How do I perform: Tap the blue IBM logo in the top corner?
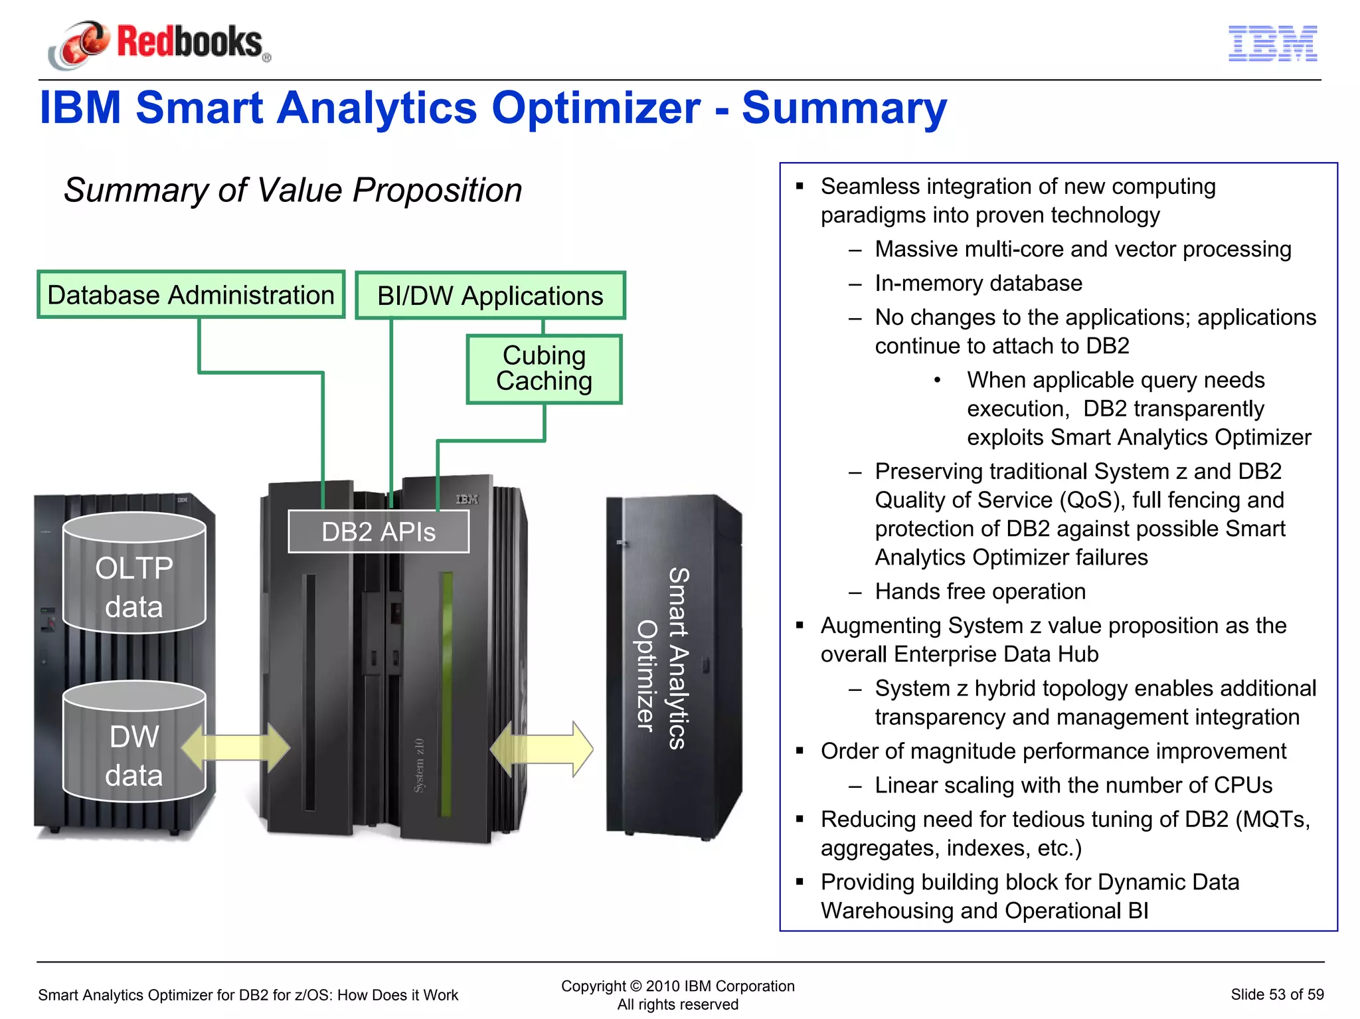[1272, 44]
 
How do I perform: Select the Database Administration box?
[191, 295]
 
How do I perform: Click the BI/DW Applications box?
[490, 296]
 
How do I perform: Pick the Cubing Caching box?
[545, 369]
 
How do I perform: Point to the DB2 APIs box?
[379, 532]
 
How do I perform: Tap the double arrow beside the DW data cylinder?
[236, 748]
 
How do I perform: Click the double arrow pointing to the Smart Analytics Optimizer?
[541, 749]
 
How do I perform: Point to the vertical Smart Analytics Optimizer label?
[663, 658]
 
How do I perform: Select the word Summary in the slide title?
[844, 108]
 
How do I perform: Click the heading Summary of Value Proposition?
[293, 191]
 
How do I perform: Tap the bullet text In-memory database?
[978, 284]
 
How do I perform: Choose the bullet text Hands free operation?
[980, 591]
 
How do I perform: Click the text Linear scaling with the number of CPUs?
[1073, 785]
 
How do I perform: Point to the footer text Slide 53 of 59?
[1276, 994]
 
